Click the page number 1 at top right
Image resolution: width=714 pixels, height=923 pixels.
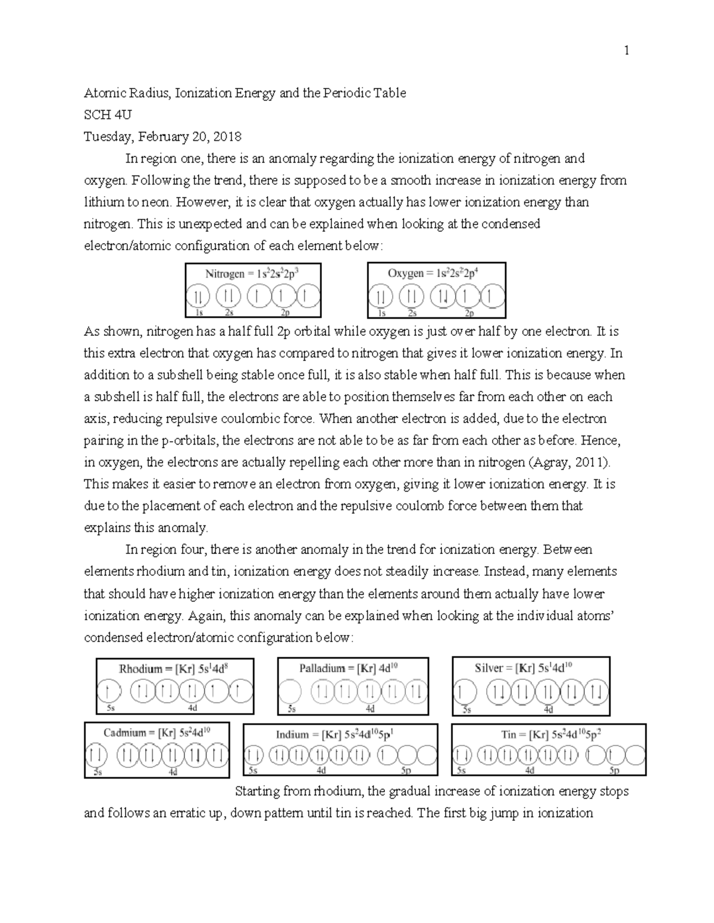(626, 51)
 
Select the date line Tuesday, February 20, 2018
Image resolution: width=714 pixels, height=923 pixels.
(162, 137)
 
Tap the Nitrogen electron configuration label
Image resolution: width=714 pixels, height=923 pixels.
(252, 274)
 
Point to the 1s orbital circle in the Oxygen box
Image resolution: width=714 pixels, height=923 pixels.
(381, 297)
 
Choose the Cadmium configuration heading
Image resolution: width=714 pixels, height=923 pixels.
(156, 733)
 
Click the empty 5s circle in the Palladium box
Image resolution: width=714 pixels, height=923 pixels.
(290, 692)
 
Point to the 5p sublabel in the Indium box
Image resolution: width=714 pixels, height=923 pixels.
(406, 771)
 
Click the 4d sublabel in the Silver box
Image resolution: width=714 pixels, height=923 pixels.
(548, 710)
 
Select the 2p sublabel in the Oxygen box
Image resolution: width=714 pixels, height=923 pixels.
(469, 314)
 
